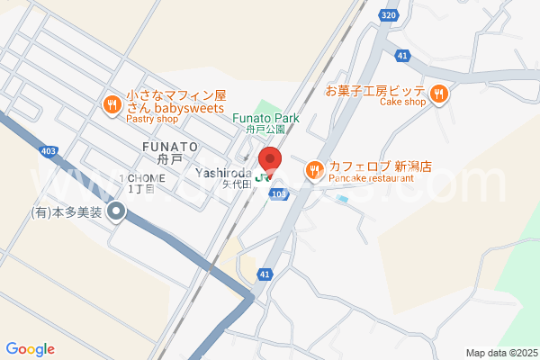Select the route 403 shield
click(x=48, y=151)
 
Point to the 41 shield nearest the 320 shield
click(x=402, y=55)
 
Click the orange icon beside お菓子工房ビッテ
click(x=438, y=92)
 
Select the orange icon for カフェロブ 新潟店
click(x=314, y=168)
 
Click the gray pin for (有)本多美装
click(x=116, y=212)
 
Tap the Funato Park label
click(x=265, y=118)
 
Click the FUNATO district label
click(x=169, y=146)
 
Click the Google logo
click(x=31, y=349)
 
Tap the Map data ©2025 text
click(x=500, y=352)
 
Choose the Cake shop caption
click(x=401, y=102)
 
